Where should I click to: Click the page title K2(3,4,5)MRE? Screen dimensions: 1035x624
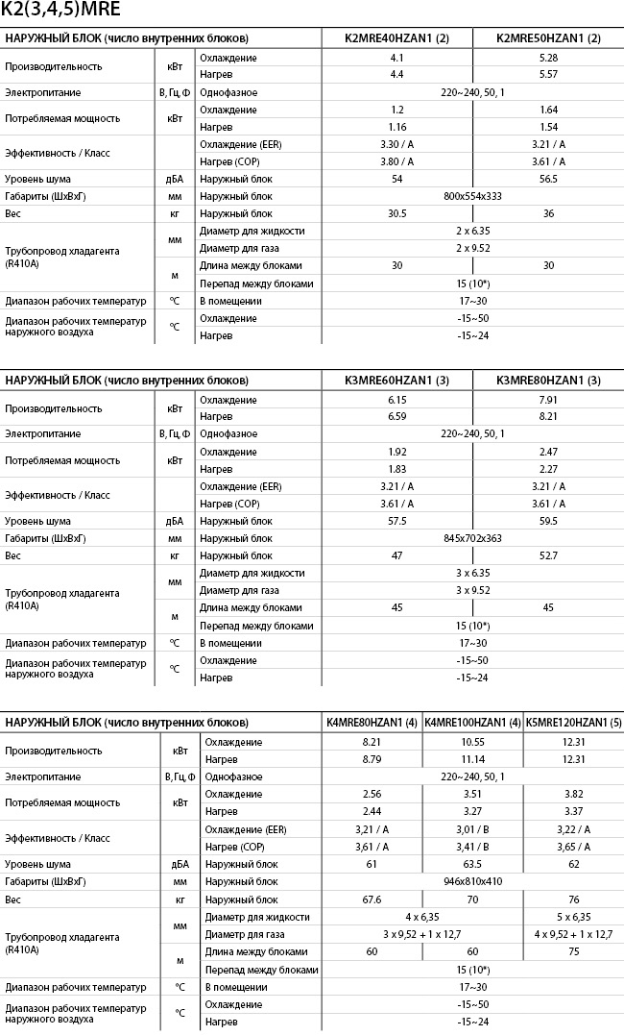(54, 11)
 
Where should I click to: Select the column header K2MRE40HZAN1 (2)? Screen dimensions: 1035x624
(396, 37)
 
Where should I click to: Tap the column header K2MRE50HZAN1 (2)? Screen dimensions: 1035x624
(548, 37)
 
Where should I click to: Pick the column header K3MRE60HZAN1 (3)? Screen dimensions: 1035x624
(396, 381)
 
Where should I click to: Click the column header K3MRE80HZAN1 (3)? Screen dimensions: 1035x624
(548, 381)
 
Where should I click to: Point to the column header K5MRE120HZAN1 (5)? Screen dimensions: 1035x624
(574, 722)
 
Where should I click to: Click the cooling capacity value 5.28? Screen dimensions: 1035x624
(548, 58)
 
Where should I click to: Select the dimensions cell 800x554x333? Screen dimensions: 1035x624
(472, 196)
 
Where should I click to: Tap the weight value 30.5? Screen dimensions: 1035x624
(396, 213)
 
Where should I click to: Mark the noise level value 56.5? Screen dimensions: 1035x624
(548, 179)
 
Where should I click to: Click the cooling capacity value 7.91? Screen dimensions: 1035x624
(548, 400)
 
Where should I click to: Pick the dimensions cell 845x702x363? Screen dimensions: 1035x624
(472, 538)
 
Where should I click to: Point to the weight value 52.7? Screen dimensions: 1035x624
(548, 555)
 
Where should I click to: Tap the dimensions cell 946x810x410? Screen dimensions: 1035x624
(472, 881)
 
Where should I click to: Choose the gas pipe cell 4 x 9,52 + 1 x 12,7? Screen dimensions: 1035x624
(574, 933)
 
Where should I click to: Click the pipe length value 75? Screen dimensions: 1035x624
(574, 951)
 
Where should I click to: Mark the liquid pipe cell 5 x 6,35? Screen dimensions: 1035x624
(574, 917)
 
